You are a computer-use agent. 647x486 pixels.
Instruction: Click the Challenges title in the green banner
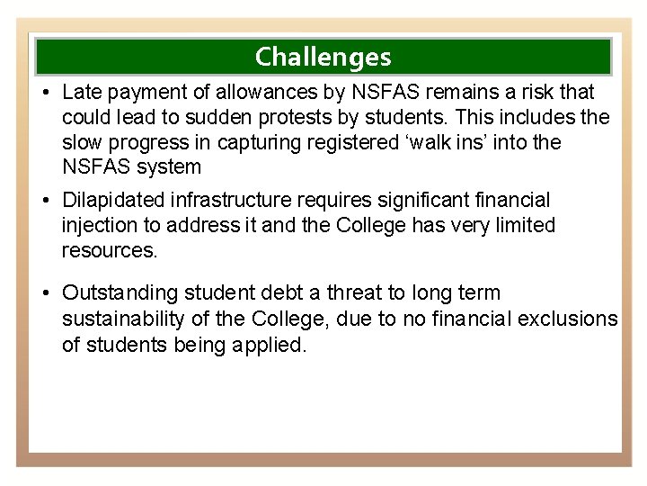(323, 57)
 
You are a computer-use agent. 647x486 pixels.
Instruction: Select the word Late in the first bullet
(81, 93)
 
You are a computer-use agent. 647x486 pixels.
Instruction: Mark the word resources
(109, 250)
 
